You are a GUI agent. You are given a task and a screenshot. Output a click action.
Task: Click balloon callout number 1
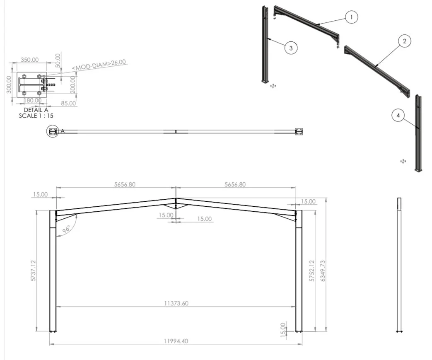tap(351, 17)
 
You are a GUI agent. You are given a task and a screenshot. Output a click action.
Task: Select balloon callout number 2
tap(404, 41)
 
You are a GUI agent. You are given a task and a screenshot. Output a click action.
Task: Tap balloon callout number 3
tap(291, 48)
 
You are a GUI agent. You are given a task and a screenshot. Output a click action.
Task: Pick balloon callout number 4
tap(398, 116)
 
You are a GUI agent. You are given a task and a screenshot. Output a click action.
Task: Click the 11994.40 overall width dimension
tap(176, 341)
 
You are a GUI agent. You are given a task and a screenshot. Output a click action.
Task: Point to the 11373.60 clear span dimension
tap(176, 304)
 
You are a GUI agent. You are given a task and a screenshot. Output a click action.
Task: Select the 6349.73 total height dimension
tap(323, 271)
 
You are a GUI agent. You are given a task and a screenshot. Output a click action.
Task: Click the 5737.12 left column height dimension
tap(33, 271)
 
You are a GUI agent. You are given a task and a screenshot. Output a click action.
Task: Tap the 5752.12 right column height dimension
tap(312, 271)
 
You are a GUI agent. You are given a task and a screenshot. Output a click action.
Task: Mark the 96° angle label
tap(66, 229)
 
